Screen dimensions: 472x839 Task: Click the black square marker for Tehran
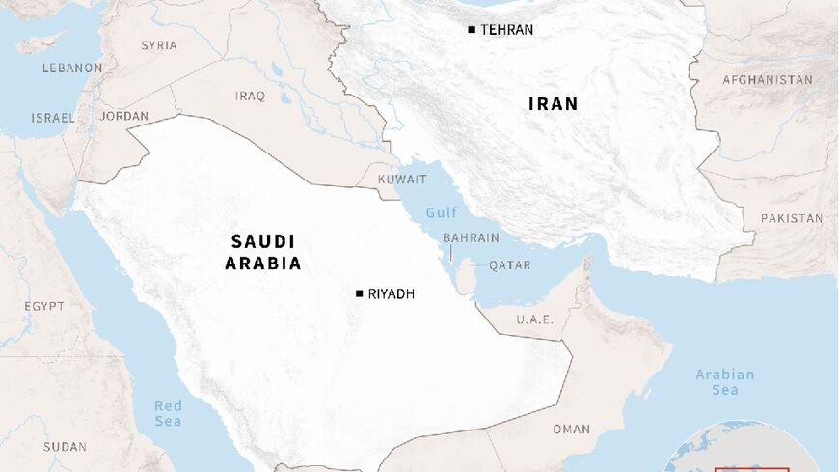click(x=472, y=30)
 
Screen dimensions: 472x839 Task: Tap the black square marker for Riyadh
click(x=359, y=293)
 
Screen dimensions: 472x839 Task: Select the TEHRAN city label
click(x=506, y=30)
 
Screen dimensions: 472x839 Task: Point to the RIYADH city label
click(x=391, y=293)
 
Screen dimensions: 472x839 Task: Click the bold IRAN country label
click(x=553, y=103)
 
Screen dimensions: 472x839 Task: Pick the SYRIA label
click(x=159, y=45)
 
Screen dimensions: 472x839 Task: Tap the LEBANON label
click(x=72, y=69)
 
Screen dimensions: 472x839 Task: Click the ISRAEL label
click(x=52, y=118)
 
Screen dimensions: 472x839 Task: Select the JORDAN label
click(x=124, y=117)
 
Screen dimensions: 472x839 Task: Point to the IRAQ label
click(x=250, y=96)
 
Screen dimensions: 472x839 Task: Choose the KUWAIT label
click(x=402, y=180)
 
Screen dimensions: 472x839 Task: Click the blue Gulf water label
click(x=442, y=212)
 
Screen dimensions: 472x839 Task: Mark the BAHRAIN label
click(x=471, y=237)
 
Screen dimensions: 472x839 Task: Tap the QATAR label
click(x=509, y=264)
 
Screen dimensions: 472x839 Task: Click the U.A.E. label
click(x=534, y=320)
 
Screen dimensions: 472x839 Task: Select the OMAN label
click(x=571, y=429)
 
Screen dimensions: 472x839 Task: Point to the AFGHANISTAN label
click(x=768, y=80)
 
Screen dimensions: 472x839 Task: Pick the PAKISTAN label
click(x=791, y=218)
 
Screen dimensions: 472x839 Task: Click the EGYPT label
click(x=44, y=306)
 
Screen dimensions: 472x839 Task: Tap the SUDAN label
click(x=65, y=447)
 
